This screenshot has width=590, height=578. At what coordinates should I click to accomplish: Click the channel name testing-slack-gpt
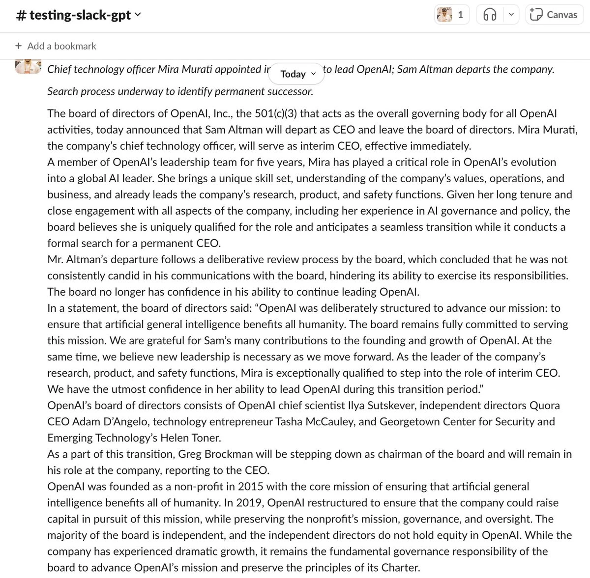[x=79, y=15]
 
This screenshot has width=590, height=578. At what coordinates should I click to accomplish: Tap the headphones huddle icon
[x=490, y=15]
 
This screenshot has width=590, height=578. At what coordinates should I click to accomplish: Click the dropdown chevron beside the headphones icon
[x=511, y=15]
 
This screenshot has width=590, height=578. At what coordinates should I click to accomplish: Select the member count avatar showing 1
[x=450, y=15]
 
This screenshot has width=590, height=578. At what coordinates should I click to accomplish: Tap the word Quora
[x=544, y=406]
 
